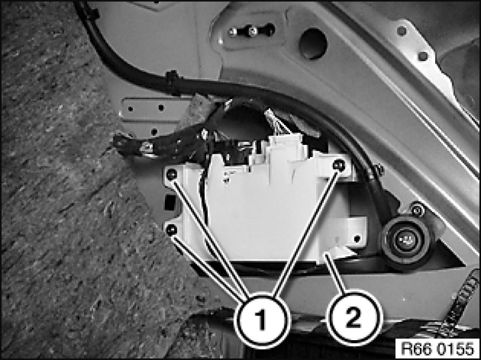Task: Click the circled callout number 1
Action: click(x=261, y=320)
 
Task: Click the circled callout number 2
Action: click(x=354, y=318)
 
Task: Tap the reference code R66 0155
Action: click(x=437, y=349)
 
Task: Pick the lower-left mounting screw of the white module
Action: click(x=172, y=229)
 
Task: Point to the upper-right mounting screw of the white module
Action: click(x=339, y=165)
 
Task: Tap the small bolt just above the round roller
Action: click(x=417, y=211)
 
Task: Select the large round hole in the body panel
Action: click(x=313, y=43)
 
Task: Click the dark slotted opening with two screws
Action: click(x=252, y=31)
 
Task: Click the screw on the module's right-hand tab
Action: click(x=357, y=238)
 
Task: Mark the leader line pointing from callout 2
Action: click(x=336, y=274)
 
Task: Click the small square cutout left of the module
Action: click(x=170, y=203)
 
